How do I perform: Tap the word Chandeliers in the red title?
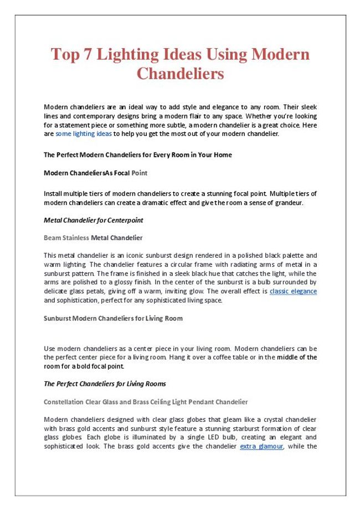tap(180, 74)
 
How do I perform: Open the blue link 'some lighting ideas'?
tap(84, 134)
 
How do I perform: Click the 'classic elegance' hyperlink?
tap(293, 291)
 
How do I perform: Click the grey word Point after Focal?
tap(140, 173)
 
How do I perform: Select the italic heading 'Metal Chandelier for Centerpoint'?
tap(93, 220)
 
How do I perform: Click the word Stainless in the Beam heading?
tap(75, 238)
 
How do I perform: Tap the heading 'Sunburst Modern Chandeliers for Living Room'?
tap(113, 319)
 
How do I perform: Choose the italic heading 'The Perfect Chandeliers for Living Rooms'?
tap(105, 384)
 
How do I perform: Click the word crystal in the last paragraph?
tap(269, 420)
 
